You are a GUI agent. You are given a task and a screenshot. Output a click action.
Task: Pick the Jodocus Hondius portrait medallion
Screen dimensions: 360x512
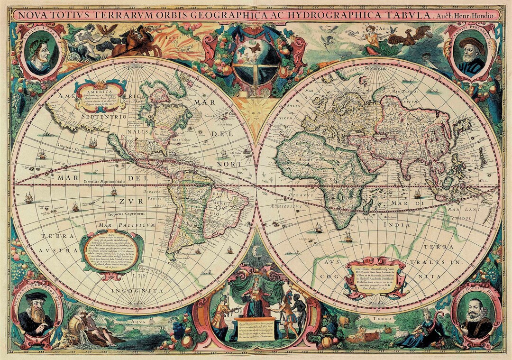click(475, 314)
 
